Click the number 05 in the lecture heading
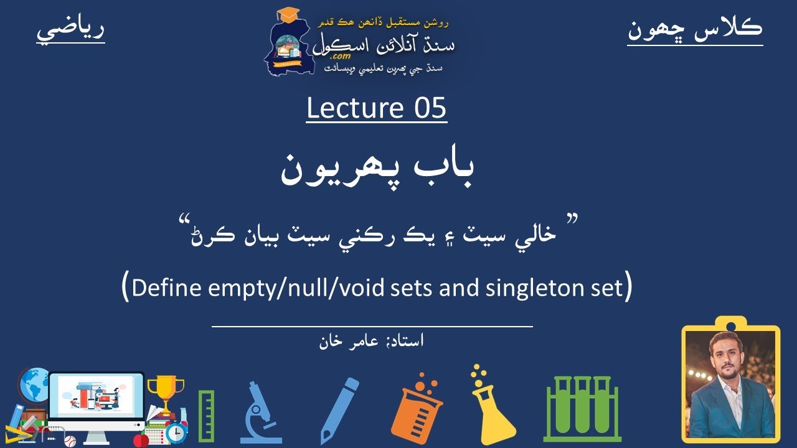point(430,108)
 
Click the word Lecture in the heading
point(355,108)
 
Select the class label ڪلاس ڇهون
point(695,29)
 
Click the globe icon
point(34,385)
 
